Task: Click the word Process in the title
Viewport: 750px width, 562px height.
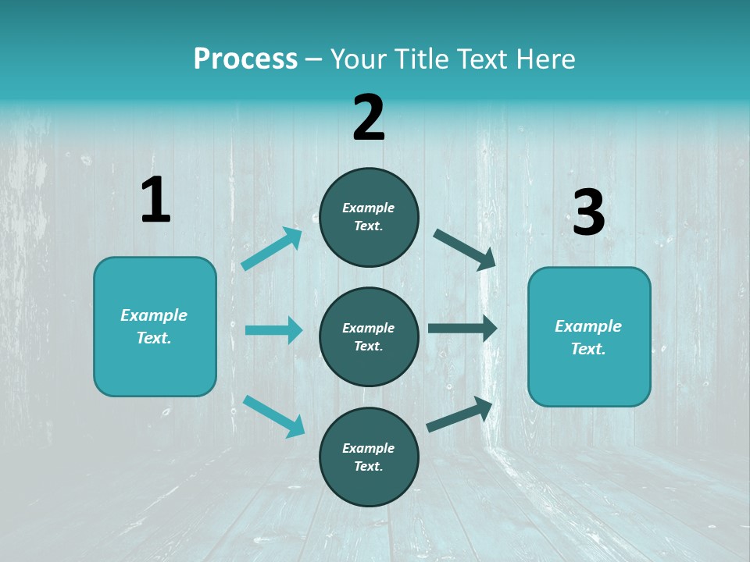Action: coord(245,59)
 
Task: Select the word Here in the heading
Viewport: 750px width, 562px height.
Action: coord(545,59)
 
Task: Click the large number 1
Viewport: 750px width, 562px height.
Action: coord(156,199)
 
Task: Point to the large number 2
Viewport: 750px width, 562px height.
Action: coord(368,117)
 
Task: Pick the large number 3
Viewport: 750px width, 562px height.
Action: coord(589,212)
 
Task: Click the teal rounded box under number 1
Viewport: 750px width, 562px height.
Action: coord(155,327)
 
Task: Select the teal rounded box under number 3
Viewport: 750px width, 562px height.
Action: coord(589,337)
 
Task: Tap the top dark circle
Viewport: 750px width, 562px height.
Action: coord(369,217)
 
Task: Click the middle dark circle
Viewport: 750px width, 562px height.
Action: coord(369,337)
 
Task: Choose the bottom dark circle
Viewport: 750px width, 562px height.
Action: coord(369,457)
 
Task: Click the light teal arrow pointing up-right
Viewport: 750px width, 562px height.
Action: coord(272,248)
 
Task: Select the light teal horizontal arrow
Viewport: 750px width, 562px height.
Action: coord(274,329)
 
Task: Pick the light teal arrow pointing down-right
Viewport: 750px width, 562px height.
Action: coord(274,417)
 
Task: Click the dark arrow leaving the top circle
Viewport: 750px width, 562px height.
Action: coord(464,250)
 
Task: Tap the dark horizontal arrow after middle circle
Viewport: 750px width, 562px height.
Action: coord(462,329)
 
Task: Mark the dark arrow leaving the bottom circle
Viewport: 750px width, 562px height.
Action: coord(459,414)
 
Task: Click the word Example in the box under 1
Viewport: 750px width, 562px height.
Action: coord(154,315)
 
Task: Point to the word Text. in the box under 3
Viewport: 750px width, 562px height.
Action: coord(588,349)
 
